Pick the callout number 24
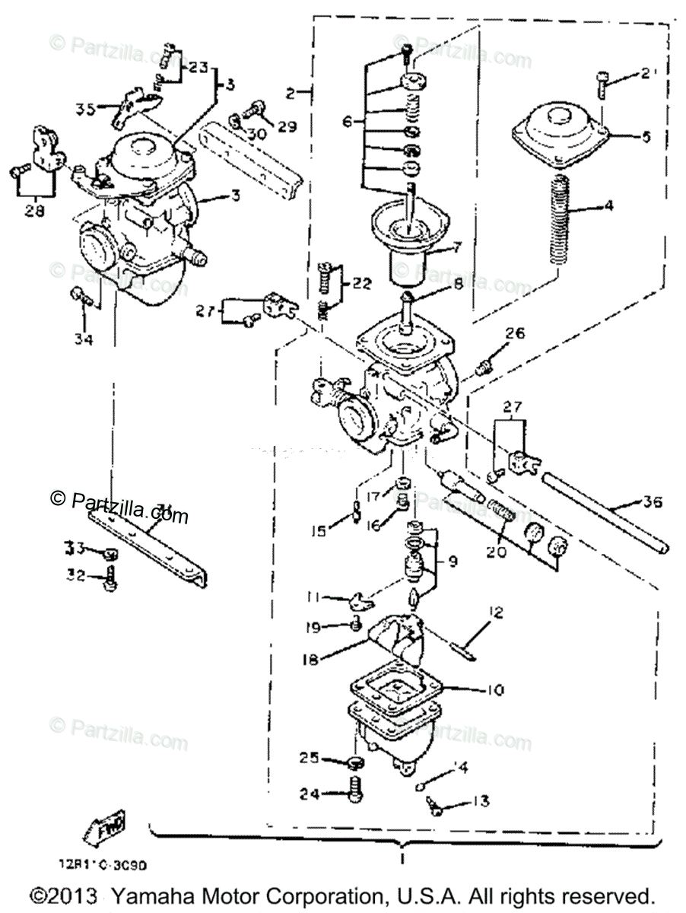307,794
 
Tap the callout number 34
83,339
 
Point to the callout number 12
496,610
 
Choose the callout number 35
85,109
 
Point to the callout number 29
287,126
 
